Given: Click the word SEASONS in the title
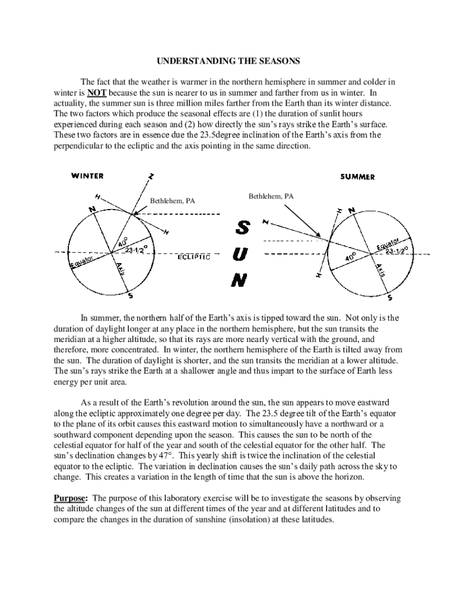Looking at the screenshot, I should [x=279, y=61].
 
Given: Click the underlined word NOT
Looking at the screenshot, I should [x=97, y=93].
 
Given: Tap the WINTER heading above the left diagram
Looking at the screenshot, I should [x=88, y=176].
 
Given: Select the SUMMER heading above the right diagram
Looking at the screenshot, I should [x=357, y=177].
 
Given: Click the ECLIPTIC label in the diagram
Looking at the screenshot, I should [x=194, y=258].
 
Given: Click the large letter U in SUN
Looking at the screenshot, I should [x=240, y=254].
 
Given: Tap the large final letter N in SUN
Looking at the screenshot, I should [x=239, y=280].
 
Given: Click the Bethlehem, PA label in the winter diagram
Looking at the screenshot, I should [x=172, y=201].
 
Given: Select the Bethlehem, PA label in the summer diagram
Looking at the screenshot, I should [x=271, y=196].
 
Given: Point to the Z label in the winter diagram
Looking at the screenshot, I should [x=151, y=177].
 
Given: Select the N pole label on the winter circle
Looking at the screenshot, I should [x=92, y=210].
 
